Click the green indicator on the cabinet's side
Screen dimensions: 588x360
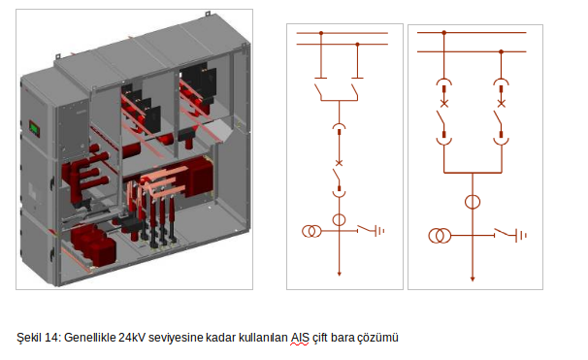click(35, 129)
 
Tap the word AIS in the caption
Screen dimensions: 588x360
click(300, 338)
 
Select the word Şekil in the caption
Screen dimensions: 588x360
click(29, 338)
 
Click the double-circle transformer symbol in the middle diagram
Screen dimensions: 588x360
click(311, 231)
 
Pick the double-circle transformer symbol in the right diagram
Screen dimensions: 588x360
click(440, 236)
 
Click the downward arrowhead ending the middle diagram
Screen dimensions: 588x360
click(339, 275)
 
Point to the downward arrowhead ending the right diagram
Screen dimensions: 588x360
click(473, 279)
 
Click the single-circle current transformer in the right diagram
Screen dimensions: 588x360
click(473, 202)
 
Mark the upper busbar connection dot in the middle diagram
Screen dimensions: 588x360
click(321, 33)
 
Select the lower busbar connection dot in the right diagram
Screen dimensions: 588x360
click(501, 51)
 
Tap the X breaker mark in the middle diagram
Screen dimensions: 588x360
click(339, 163)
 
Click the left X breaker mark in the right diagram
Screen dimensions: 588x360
click(444, 104)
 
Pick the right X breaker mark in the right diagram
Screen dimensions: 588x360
click(501, 104)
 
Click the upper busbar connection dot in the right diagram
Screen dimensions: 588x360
click(444, 33)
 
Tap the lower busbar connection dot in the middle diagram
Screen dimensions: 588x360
click(357, 45)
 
